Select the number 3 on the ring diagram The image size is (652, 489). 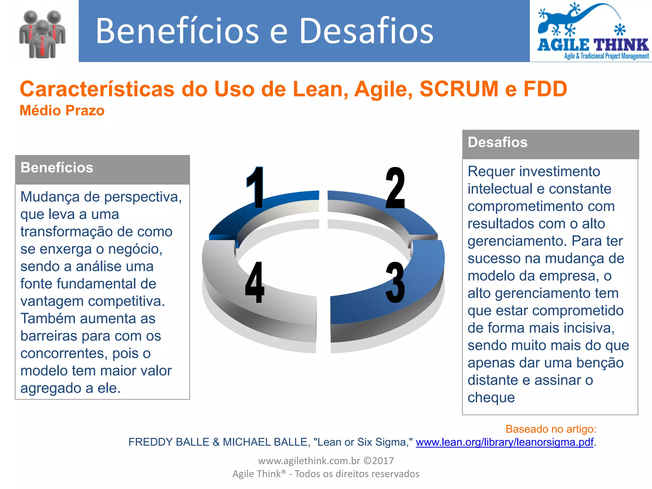395,282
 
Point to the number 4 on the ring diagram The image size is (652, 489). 255,282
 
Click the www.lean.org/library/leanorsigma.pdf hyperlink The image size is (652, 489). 504,442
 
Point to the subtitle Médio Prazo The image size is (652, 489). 62,111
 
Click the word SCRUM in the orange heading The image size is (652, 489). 458,89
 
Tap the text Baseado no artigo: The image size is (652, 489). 550,429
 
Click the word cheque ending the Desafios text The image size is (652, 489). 491,398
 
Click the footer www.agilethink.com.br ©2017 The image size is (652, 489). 326,461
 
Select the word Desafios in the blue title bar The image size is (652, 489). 366,31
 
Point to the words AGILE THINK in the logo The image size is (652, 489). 593,45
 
